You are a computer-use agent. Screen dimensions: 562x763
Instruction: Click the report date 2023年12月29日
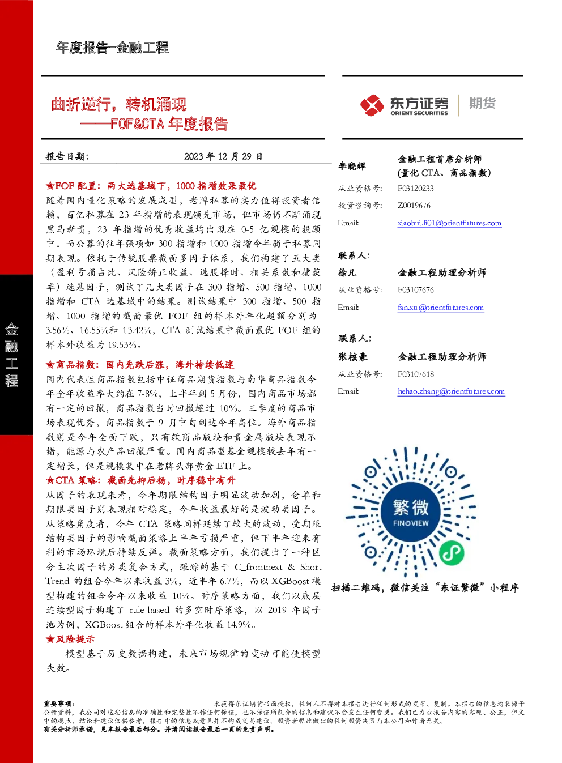click(223, 156)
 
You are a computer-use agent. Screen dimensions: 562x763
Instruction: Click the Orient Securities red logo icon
click(372, 105)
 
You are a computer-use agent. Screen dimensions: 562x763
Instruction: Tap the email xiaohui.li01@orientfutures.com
click(449, 223)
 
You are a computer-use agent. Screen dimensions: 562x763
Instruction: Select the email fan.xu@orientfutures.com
click(441, 307)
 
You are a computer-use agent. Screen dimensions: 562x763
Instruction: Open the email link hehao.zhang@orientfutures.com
click(452, 391)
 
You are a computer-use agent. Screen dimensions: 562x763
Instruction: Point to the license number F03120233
click(415, 189)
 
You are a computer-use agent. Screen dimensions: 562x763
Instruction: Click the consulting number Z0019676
click(414, 206)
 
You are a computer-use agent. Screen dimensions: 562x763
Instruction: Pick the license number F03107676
click(415, 290)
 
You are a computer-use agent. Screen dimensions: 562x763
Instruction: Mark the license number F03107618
click(415, 374)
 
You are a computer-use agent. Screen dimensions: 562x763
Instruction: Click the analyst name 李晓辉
click(352, 166)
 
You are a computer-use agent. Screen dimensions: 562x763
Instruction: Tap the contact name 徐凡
click(347, 272)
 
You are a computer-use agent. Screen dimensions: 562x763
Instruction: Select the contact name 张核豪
click(352, 357)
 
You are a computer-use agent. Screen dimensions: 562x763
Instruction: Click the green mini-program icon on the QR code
click(452, 552)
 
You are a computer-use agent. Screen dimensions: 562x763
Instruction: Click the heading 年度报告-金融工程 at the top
click(112, 48)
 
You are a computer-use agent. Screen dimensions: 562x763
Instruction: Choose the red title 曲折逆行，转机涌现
click(118, 104)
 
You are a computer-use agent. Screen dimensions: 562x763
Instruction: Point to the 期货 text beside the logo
click(482, 103)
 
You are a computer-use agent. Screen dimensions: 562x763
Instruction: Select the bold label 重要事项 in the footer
click(58, 704)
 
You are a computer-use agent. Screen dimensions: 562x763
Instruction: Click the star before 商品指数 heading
click(50, 365)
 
